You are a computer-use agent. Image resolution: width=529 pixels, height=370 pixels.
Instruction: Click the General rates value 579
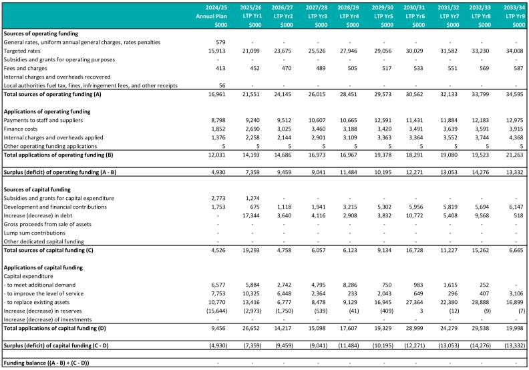222,42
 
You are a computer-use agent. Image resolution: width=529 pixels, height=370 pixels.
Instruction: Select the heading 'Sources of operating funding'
41,33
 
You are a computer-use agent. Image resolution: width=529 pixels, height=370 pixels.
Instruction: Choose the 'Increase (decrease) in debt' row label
41,215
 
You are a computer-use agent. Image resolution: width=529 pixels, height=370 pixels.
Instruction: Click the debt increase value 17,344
252,215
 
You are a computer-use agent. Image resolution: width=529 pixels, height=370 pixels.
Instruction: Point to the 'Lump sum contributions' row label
36,233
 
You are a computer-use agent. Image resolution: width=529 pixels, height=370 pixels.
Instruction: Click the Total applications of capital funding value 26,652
252,327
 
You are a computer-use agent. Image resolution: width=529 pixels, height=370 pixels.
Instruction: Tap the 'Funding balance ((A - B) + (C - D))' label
47,362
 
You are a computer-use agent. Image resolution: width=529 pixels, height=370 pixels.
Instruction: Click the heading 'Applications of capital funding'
43,267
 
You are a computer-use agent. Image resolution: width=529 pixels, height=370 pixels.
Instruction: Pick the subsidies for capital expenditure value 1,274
254,198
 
